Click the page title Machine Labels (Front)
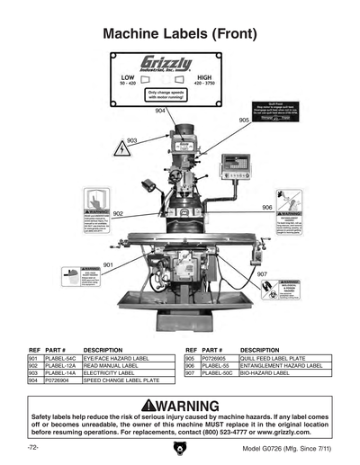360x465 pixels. point(179,34)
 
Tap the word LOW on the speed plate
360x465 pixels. point(128,78)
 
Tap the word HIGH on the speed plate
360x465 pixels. point(204,78)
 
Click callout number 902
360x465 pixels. point(118,214)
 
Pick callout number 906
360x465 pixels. point(267,208)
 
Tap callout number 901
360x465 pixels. point(108,265)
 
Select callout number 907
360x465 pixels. point(262,273)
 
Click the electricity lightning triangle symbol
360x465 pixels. point(121,149)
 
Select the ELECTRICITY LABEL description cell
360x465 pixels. point(108,373)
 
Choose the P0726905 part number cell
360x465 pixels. point(216,358)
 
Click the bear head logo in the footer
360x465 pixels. point(179,447)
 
